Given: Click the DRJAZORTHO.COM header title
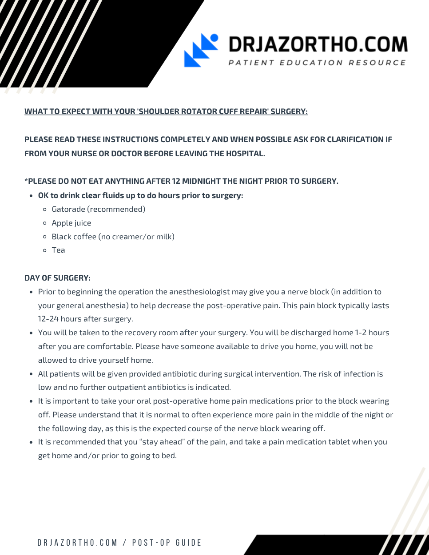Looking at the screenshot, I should tap(318, 44).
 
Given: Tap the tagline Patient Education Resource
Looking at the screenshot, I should tap(317, 63).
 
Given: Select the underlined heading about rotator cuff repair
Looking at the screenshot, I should tap(166, 111).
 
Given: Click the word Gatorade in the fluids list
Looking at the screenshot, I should tap(68, 209).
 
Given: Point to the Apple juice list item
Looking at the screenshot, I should tap(71, 223).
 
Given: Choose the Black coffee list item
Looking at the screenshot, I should tap(113, 237).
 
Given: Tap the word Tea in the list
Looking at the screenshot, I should tap(58, 250).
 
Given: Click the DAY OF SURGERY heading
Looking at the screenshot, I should tap(57, 278).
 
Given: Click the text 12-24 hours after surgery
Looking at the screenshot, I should tap(85, 319).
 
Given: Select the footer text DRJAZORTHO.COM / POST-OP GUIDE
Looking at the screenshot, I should tap(119, 543).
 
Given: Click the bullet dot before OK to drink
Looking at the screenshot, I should tap(31, 196).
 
